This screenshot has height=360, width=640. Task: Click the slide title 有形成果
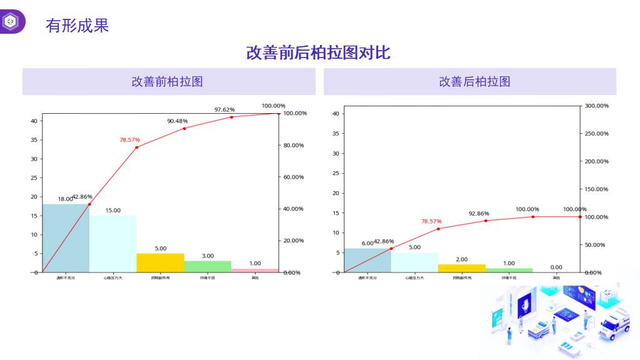point(77,26)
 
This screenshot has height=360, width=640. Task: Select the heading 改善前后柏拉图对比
point(318,52)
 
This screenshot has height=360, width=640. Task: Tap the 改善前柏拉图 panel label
point(167,81)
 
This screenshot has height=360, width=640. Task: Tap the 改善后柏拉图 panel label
point(474,81)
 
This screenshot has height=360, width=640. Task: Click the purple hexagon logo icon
point(11,22)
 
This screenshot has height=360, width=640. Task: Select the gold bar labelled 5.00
point(160,262)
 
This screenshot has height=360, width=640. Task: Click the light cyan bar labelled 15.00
point(112,244)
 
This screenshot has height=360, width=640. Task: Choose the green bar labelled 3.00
point(207,266)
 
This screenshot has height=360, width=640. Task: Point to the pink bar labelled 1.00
point(255,270)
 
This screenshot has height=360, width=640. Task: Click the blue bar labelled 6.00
point(367,260)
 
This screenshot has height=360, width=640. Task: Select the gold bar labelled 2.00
point(462,268)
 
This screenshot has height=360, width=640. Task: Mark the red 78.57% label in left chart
point(130,140)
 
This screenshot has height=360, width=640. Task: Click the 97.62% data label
point(224,110)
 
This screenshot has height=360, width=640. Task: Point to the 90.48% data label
point(177,121)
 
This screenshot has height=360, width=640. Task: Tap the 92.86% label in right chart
point(479,214)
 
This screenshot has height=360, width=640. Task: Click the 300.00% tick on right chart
point(596,106)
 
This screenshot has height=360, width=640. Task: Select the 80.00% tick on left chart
point(293,146)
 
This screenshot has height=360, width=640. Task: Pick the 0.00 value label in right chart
point(556,267)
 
